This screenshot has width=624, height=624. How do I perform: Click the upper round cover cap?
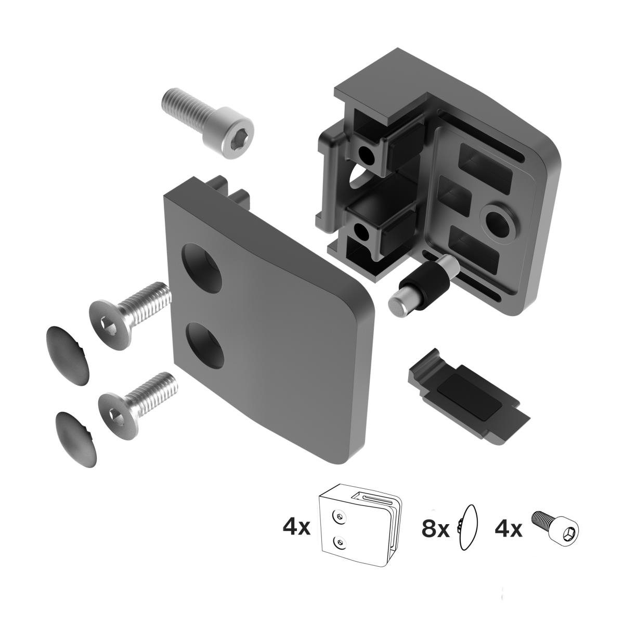click(x=68, y=355)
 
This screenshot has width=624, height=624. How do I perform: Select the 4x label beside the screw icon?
click(x=508, y=529)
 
